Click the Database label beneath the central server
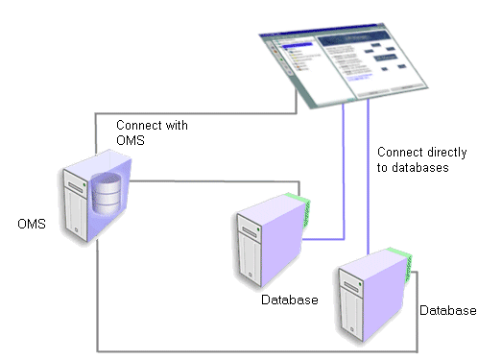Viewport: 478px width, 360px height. pyautogui.click(x=289, y=300)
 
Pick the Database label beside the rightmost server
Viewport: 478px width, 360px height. pyautogui.click(x=447, y=310)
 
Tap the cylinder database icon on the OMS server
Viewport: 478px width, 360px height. pyautogui.click(x=108, y=193)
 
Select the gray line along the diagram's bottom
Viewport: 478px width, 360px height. pyautogui.click(x=250, y=349)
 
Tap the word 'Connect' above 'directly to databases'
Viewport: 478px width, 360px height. pyautogui.click(x=399, y=152)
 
